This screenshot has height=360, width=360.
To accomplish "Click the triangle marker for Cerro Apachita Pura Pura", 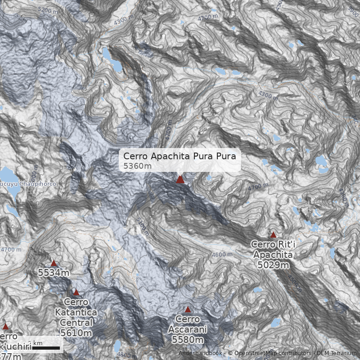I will [x=180, y=180].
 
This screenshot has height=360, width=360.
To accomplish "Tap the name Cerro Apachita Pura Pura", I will [x=180, y=157].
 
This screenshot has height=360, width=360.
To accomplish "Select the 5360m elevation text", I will [x=137, y=166].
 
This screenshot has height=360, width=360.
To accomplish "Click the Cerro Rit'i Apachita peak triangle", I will [x=273, y=234].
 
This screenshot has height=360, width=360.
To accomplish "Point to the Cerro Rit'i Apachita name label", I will [x=273, y=250].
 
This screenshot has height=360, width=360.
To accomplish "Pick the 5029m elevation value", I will [x=273, y=265].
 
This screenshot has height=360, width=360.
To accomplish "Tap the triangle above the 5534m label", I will [x=54, y=264].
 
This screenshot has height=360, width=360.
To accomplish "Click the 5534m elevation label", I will [x=54, y=273].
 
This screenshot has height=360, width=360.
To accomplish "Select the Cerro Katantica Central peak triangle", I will [x=76, y=292].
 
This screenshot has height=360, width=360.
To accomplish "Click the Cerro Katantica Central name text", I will [x=76, y=312].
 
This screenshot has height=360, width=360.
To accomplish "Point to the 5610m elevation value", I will [x=76, y=333].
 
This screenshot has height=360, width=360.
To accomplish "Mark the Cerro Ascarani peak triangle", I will [x=188, y=310].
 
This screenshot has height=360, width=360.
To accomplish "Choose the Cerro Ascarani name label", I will [x=188, y=324].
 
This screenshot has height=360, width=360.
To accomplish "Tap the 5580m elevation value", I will [x=188, y=340].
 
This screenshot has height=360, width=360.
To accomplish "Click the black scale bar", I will [x=45, y=348].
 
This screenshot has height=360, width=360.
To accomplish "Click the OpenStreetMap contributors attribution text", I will [x=270, y=353].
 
